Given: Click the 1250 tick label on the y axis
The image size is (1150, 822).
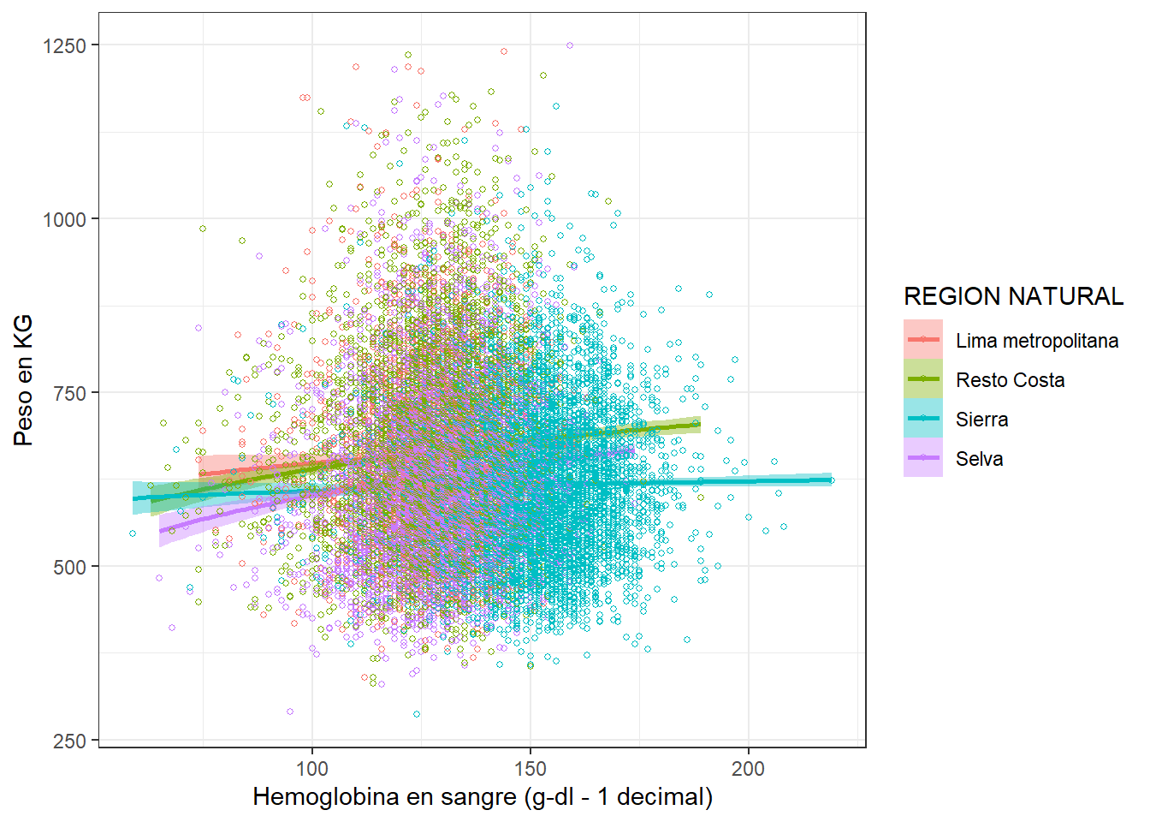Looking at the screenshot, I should [x=64, y=45].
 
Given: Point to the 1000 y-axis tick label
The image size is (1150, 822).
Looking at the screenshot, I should [x=64, y=219].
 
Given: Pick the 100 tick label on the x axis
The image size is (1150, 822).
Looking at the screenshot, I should [x=311, y=768].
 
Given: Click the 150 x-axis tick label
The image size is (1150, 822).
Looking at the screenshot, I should [x=530, y=768].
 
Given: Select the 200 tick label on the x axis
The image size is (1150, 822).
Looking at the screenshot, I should [x=748, y=768].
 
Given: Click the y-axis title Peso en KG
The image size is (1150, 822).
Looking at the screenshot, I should [x=23, y=379].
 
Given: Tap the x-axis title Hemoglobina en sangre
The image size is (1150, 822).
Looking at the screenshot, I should [x=483, y=796].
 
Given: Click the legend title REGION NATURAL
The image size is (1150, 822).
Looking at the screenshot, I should [x=1013, y=296].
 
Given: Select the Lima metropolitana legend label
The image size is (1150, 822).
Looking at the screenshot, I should [x=1036, y=341].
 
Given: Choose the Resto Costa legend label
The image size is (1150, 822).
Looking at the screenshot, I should [x=1010, y=380].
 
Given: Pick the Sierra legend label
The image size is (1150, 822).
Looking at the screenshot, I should [x=981, y=420].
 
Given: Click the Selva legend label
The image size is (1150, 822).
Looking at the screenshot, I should [x=979, y=459].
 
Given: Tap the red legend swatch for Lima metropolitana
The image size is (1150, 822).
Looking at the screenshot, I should [x=923, y=340].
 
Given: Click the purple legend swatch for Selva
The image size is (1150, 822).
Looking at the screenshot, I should [x=923, y=458].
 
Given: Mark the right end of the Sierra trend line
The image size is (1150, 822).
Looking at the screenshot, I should [x=830, y=479].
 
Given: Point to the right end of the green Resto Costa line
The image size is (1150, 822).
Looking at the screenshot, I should [x=699, y=424].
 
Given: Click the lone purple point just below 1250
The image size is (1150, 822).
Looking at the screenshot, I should [x=570, y=45].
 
